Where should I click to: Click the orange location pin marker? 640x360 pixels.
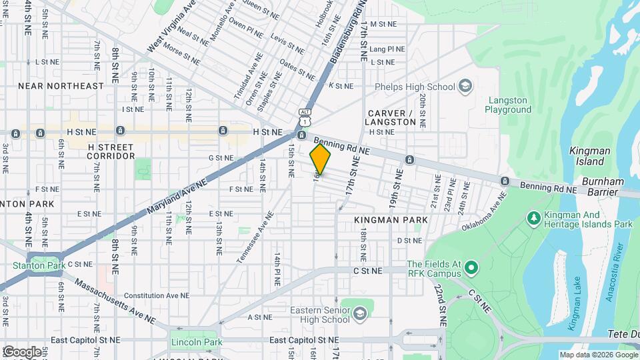pyautogui.click(x=321, y=159)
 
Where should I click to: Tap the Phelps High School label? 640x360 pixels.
pyautogui.click(x=414, y=86)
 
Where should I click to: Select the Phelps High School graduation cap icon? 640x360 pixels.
pyautogui.click(x=465, y=86)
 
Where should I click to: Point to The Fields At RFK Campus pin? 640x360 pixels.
pyautogui.click(x=472, y=269)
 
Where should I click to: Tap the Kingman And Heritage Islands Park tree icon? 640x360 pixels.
pyautogui.click(x=533, y=218)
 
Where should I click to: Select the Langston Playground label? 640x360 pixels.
pyautogui.click(x=507, y=105)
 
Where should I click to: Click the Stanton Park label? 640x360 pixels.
pyautogui.click(x=39, y=265)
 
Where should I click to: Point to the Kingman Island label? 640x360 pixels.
pyautogui.click(x=587, y=156)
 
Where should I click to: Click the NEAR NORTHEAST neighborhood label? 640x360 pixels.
pyautogui.click(x=61, y=86)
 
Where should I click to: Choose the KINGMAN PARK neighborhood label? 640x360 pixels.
pyautogui.click(x=391, y=219)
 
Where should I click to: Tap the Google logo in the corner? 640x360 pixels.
pyautogui.click(x=22, y=351)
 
